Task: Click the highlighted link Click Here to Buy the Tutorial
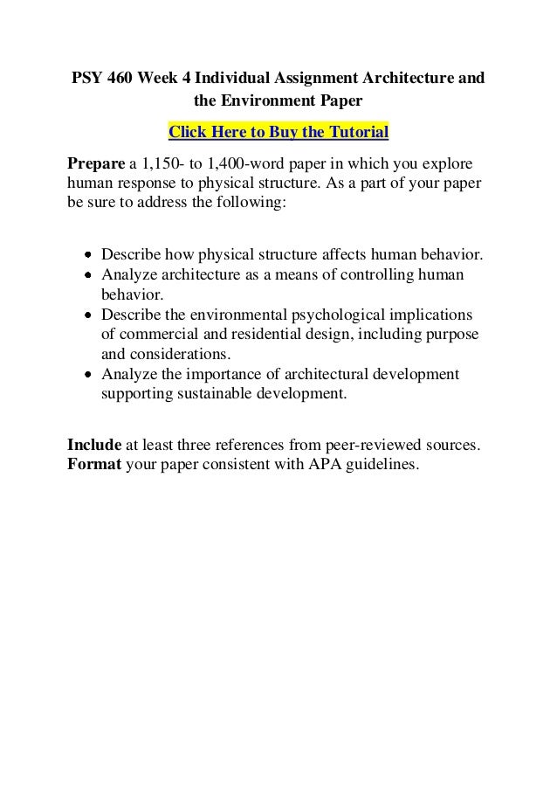[x=278, y=133]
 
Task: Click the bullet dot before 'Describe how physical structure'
[x=89, y=256]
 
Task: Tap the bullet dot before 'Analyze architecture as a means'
[x=89, y=275]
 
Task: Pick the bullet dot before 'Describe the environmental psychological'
[x=89, y=315]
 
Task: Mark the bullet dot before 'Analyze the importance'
[x=89, y=375]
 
